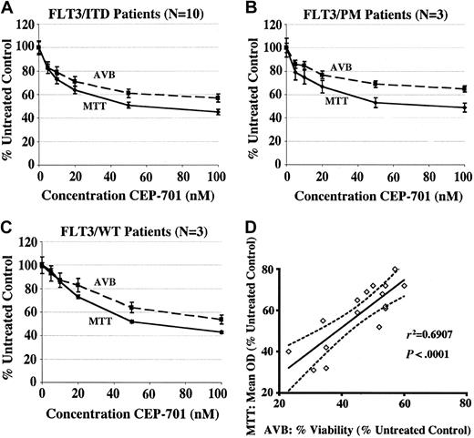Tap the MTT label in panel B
pos(336,101)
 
